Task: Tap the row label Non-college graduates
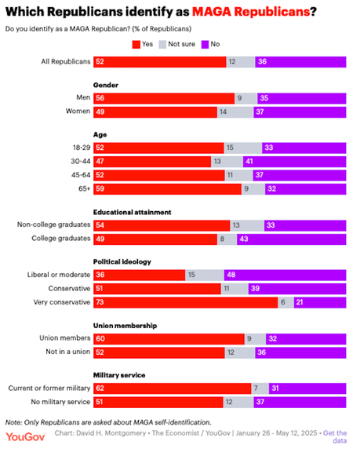[53, 224]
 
